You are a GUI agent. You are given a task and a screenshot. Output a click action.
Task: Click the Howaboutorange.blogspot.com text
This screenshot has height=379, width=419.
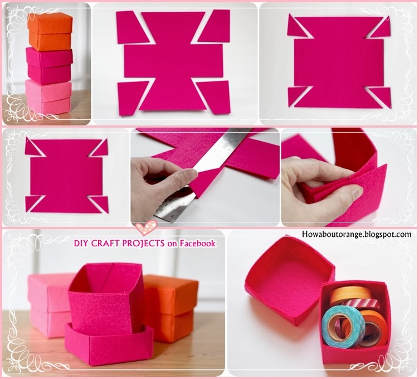pos(356,235)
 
